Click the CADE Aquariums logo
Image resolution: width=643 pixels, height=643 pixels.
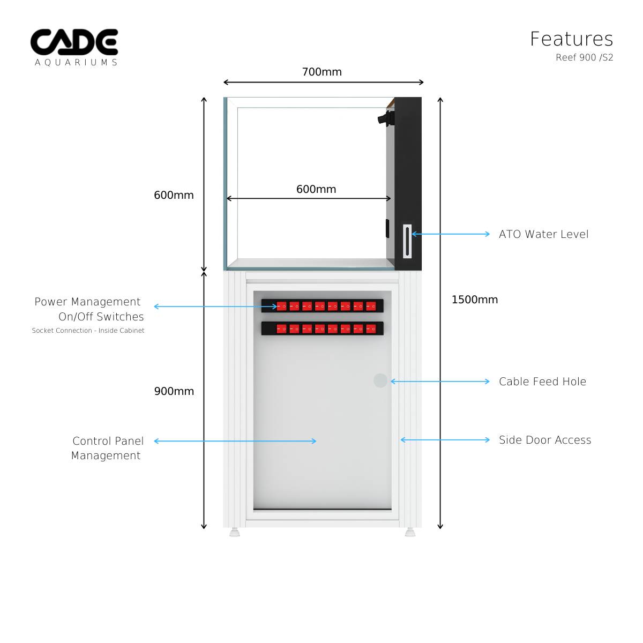pyautogui.click(x=74, y=47)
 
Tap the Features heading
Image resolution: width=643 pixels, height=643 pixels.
pyautogui.click(x=571, y=39)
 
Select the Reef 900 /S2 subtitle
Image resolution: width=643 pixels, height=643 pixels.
pyautogui.click(x=584, y=58)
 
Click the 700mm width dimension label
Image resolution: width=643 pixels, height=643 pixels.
pyautogui.click(x=322, y=72)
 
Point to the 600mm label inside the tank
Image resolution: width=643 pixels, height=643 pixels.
pyautogui.click(x=316, y=189)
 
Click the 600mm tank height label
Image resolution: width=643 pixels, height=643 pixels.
pyautogui.click(x=174, y=195)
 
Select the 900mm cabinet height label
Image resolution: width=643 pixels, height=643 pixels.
pyautogui.click(x=174, y=391)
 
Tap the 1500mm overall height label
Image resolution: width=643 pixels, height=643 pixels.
pyautogui.click(x=475, y=300)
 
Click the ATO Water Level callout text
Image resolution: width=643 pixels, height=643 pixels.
pyautogui.click(x=543, y=234)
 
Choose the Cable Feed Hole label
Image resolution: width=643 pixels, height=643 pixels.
pyautogui.click(x=542, y=382)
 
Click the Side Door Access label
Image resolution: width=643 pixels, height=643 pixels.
pyautogui.click(x=545, y=440)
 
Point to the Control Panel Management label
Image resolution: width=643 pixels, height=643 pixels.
pyautogui.click(x=107, y=448)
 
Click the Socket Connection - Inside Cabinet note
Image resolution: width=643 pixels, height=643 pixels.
pyautogui.click(x=88, y=331)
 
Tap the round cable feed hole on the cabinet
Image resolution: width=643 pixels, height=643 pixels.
pyautogui.click(x=380, y=380)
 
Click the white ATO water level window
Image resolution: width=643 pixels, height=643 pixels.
pyautogui.click(x=407, y=241)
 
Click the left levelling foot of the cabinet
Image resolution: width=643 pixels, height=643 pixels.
pyautogui.click(x=234, y=532)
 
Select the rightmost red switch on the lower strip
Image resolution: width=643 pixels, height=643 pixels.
pyautogui.click(x=371, y=328)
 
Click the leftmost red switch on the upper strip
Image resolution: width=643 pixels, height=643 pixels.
pyautogui.click(x=281, y=306)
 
